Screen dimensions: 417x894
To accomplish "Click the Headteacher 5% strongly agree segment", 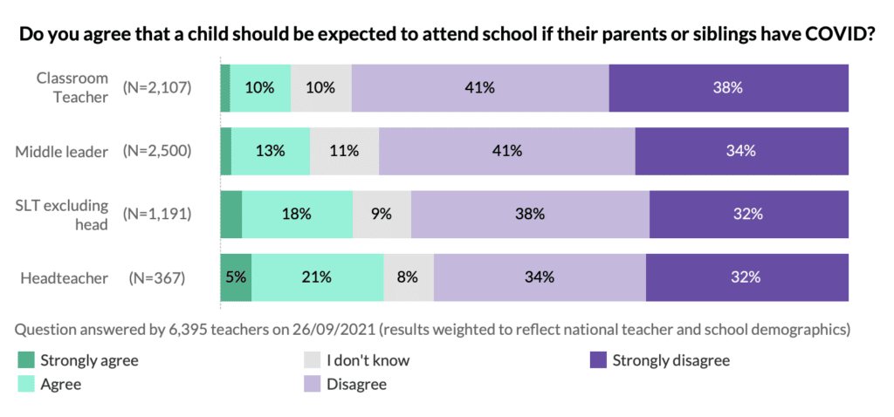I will coord(236,277).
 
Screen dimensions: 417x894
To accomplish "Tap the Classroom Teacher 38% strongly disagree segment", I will coord(728,87).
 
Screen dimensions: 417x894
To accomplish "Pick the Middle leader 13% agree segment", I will coord(271,150).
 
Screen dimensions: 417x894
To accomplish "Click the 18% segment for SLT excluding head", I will coord(297,214).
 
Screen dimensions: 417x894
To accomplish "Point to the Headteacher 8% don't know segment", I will coord(409,277).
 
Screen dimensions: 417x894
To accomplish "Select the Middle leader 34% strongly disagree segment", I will coord(741,150).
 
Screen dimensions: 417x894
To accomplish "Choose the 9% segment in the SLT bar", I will coord(382,214).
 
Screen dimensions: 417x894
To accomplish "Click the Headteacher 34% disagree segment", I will coord(540,277).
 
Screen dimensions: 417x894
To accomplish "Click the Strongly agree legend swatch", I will coord(24,359).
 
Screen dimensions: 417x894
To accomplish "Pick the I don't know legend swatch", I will coord(311,359).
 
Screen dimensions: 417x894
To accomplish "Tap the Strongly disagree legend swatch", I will coord(597,359).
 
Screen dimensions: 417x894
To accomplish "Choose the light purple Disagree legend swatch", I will coord(311,384).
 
